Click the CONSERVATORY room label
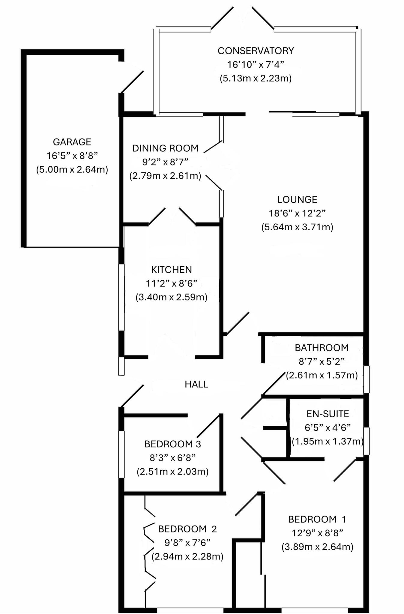click(x=256, y=51)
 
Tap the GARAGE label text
click(x=72, y=142)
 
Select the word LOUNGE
click(x=297, y=200)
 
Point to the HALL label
click(x=196, y=384)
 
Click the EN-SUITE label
click(x=328, y=414)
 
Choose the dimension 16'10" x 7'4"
click(x=256, y=64)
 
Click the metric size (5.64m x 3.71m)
click(x=297, y=227)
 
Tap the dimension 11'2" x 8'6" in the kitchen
click(x=171, y=283)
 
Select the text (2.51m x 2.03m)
click(x=172, y=472)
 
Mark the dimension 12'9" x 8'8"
click(x=317, y=533)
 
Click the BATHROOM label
click(x=322, y=348)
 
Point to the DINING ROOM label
click(x=165, y=148)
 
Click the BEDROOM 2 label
click(x=187, y=529)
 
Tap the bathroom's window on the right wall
click(x=366, y=379)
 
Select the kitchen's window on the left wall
click(x=121, y=297)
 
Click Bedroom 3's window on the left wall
click(x=121, y=454)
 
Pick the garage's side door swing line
click(x=132, y=82)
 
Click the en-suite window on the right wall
click(x=366, y=441)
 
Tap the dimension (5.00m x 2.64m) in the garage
click(x=72, y=170)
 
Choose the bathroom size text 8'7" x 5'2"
click(x=322, y=362)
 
